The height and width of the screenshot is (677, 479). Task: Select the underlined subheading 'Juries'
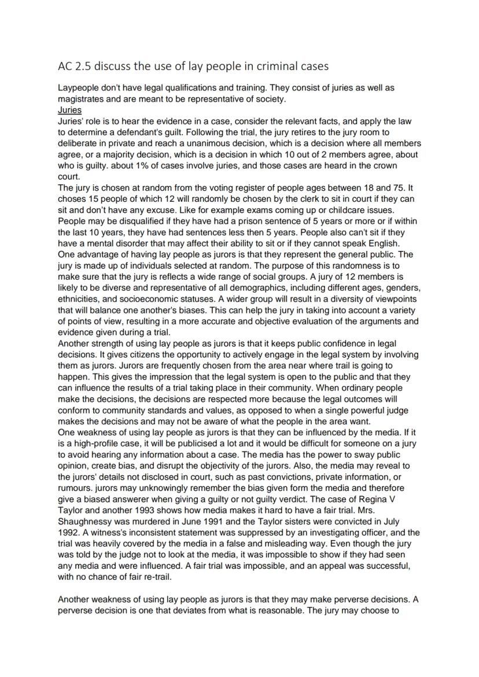(70, 109)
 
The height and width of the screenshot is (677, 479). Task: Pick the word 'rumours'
(76, 476)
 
